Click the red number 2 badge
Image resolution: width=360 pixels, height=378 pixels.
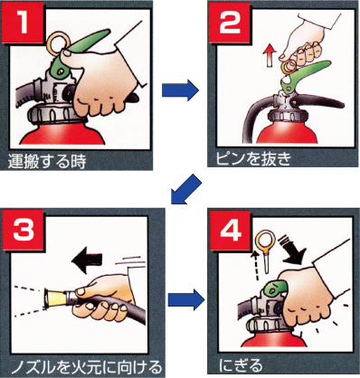(230, 22)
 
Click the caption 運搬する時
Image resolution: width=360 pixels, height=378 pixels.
(47, 161)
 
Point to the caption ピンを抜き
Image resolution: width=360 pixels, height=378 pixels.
(253, 159)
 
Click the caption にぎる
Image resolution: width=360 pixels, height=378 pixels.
(241, 365)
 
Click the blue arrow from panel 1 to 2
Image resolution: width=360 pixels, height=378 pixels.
(180, 90)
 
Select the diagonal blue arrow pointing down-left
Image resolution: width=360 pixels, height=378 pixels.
(185, 190)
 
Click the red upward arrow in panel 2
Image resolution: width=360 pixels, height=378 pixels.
(270, 56)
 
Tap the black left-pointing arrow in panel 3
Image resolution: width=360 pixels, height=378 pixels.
(87, 260)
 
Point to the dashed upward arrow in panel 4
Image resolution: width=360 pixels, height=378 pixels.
(256, 265)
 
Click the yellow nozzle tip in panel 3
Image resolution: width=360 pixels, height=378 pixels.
(57, 298)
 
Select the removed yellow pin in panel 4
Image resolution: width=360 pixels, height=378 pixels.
(265, 250)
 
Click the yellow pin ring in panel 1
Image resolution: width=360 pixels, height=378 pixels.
(58, 43)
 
